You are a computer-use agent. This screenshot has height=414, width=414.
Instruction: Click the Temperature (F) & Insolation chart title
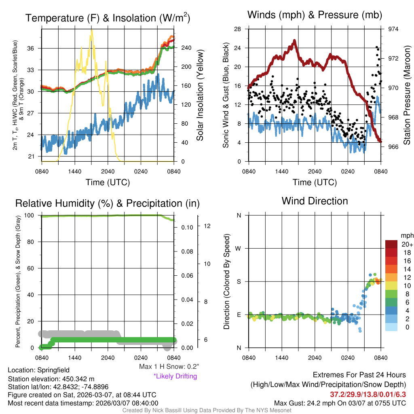(x=108, y=18)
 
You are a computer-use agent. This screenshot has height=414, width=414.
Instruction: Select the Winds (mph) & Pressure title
(x=315, y=15)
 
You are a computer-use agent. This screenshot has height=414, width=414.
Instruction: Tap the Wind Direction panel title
(x=315, y=201)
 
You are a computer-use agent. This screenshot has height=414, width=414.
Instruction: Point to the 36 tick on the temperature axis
(x=34, y=49)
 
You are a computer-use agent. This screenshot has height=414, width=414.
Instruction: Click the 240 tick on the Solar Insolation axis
(x=186, y=48)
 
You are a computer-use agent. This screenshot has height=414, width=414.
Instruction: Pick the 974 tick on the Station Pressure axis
(x=393, y=29)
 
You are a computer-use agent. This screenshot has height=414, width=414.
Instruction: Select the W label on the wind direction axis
(x=239, y=248)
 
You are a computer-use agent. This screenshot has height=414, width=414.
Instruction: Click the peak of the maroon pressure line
(x=294, y=40)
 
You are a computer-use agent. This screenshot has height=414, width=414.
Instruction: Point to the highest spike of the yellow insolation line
(x=92, y=30)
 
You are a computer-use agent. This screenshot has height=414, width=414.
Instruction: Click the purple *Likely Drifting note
(x=175, y=376)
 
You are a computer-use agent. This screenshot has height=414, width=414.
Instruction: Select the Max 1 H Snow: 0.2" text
(x=169, y=367)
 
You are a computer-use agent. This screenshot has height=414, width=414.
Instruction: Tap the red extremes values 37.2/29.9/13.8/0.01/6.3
(x=368, y=394)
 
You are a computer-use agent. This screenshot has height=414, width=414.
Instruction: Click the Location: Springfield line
(x=39, y=370)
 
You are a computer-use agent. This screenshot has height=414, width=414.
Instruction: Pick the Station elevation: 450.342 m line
(x=51, y=379)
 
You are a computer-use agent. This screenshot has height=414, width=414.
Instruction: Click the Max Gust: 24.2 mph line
(x=340, y=403)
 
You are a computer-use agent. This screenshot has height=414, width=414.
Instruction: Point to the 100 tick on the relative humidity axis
(x=32, y=215)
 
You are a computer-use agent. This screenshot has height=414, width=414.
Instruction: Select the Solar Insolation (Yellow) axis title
(x=200, y=95)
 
